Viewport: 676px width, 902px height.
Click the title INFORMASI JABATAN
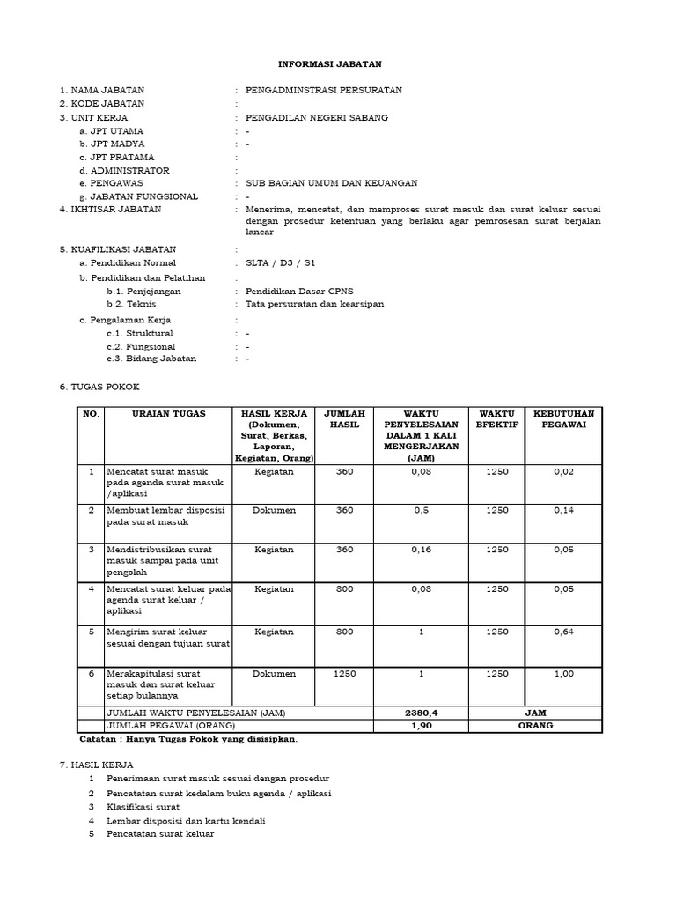tap(337, 64)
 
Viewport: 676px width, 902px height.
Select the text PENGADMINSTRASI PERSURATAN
tap(324, 90)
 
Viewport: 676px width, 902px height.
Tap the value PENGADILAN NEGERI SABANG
tap(316, 117)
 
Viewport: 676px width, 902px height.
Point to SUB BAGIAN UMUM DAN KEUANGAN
tap(331, 183)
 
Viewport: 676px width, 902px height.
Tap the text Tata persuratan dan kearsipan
tap(314, 304)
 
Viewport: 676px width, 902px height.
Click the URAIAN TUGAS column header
tap(168, 414)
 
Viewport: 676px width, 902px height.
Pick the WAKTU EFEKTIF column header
tap(497, 419)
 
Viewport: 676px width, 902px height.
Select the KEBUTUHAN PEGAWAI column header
tap(564, 419)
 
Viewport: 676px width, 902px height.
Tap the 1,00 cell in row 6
tap(564, 673)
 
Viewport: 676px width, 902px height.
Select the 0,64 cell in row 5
tap(564, 631)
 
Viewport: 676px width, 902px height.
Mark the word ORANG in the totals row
tap(536, 725)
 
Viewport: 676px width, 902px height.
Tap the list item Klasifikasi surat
tap(143, 806)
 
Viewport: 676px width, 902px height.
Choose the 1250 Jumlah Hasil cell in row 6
tap(345, 673)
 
